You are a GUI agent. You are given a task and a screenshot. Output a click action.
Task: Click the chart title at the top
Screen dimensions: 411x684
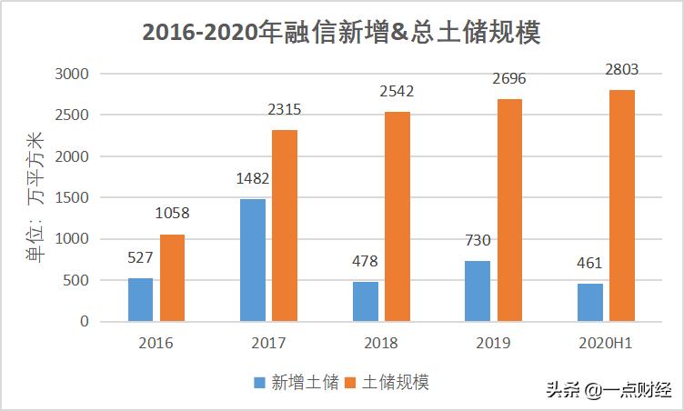click(342, 34)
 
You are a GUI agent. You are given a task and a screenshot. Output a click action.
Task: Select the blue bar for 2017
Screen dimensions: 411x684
click(253, 260)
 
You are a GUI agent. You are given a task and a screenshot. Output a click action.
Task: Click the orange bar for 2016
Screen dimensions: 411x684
click(172, 277)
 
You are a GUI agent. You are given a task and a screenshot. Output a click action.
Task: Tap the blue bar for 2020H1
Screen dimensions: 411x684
click(589, 302)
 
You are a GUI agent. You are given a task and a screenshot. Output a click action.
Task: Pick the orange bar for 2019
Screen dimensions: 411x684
click(509, 210)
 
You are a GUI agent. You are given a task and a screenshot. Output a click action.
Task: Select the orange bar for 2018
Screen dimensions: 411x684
click(397, 216)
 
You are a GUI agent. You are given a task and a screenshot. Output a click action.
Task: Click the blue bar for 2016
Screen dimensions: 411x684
click(140, 299)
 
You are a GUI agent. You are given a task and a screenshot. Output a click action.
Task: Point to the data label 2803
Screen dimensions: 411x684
click(621, 69)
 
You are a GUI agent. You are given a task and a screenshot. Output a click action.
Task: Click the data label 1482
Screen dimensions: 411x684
click(252, 179)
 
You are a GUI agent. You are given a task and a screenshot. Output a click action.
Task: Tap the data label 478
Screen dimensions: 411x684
click(364, 262)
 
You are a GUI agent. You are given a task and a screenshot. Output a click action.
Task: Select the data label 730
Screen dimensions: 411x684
click(477, 241)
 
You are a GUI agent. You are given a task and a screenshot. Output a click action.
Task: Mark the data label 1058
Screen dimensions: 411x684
click(172, 214)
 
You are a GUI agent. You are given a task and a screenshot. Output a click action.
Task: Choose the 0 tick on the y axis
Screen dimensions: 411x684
click(84, 322)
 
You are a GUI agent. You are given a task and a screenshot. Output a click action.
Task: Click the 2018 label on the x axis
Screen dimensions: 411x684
click(380, 344)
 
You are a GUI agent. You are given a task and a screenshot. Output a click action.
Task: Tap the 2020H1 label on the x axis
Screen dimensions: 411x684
click(605, 344)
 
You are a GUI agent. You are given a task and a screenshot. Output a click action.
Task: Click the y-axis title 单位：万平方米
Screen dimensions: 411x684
click(34, 197)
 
